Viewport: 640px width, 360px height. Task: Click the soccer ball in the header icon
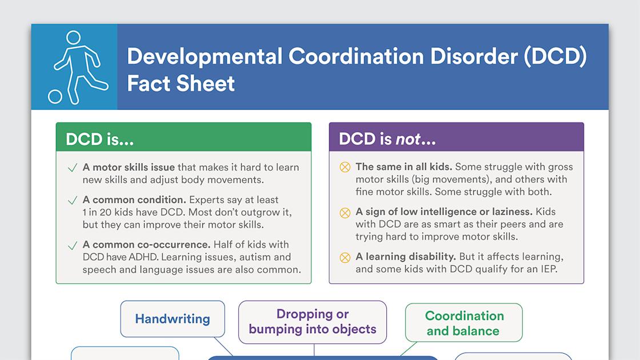55,96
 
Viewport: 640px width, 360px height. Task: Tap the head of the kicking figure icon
73,38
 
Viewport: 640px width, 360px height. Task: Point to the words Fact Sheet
181,83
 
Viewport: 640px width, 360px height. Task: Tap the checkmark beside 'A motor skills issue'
73,168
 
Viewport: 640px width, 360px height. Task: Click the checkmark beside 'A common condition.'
73,201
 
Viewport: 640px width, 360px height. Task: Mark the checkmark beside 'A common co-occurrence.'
73,246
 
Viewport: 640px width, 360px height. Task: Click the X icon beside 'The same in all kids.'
345,167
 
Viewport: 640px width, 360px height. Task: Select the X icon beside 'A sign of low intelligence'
345,213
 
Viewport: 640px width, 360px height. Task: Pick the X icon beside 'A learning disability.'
345,257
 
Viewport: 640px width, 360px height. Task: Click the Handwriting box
173,319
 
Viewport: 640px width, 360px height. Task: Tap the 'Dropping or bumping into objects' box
313,322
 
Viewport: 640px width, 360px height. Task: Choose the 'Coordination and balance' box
464,323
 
